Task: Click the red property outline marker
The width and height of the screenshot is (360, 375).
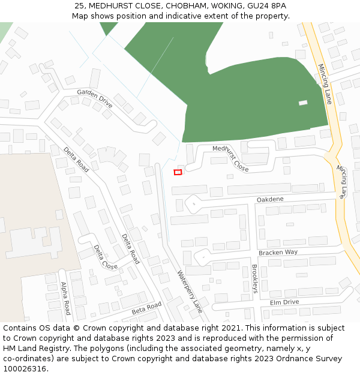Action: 178,172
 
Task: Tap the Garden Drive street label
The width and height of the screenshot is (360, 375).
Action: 94,98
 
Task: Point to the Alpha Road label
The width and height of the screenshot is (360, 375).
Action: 65,298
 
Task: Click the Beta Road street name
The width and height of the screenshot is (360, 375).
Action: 146,309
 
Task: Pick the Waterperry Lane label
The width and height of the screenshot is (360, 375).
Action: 189,292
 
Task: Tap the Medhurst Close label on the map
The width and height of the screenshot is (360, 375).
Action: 230,158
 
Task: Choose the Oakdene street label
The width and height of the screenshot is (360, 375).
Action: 270,199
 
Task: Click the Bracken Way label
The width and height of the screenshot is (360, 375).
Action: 278,253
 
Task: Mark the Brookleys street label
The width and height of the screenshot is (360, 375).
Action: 254,278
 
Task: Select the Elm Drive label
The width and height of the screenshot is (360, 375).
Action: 284,302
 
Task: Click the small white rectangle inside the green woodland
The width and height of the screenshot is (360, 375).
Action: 303,103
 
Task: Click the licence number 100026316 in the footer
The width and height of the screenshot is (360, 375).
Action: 26,369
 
